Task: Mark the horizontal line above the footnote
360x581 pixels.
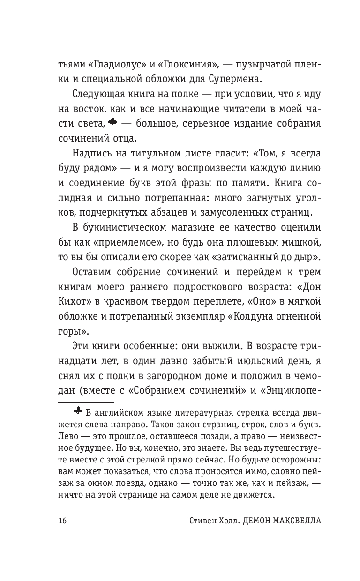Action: [86, 402]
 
